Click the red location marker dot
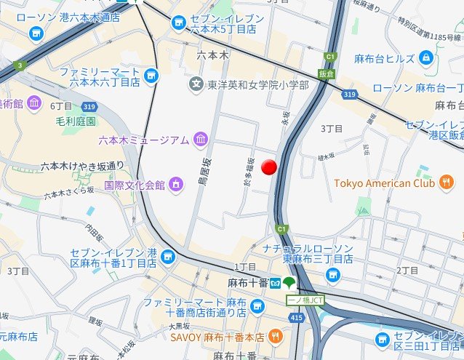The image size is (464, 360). [x=270, y=167]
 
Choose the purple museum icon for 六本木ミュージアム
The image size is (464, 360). [x=200, y=139]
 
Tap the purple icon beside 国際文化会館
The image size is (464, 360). [x=175, y=185]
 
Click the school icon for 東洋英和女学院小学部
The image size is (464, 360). [x=196, y=86]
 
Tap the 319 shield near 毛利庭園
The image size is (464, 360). [x=89, y=108]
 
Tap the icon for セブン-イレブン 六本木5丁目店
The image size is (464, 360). [x=179, y=24]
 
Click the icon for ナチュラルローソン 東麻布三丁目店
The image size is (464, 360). [x=333, y=274]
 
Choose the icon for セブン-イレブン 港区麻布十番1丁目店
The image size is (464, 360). [x=169, y=257]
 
